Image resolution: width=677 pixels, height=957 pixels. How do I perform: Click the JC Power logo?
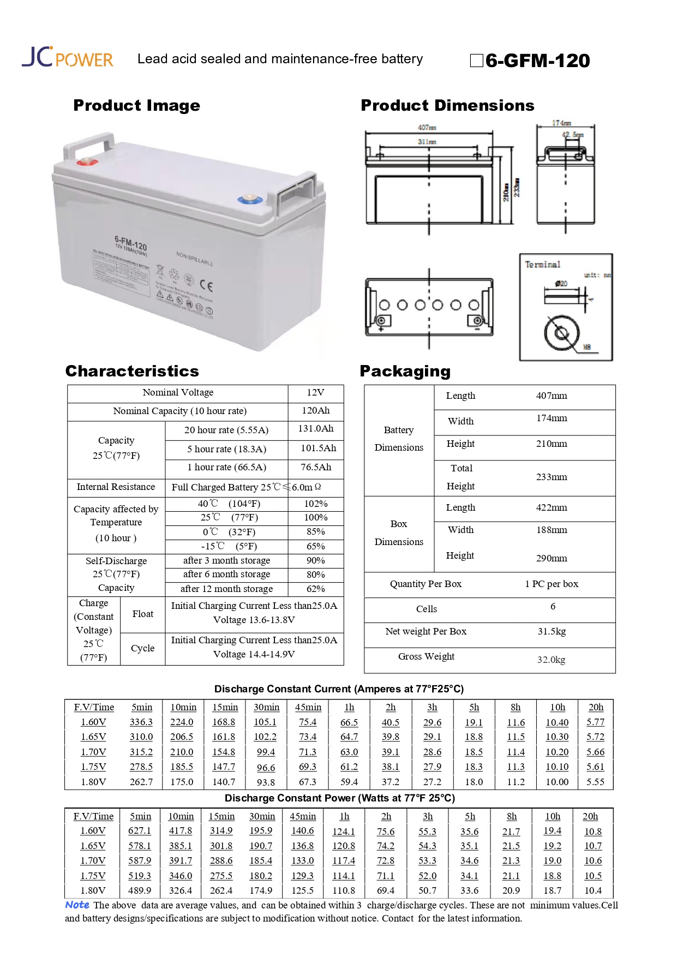(x=67, y=57)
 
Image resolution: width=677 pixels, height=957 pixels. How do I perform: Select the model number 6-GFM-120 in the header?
(x=537, y=61)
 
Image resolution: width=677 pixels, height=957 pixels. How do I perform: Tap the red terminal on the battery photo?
(x=86, y=162)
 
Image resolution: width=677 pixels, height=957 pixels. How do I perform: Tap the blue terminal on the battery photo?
(x=250, y=199)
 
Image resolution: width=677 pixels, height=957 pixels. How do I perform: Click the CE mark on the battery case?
(x=206, y=285)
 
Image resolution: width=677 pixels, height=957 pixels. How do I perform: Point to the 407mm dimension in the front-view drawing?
(x=427, y=128)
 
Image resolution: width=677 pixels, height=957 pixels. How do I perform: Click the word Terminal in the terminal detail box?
(x=542, y=265)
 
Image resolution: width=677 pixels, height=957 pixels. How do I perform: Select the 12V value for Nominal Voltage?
(x=315, y=393)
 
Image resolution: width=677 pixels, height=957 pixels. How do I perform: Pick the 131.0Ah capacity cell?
(x=315, y=429)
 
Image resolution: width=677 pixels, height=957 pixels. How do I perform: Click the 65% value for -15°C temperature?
(x=315, y=546)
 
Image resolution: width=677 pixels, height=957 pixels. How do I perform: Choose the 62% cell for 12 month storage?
(x=315, y=589)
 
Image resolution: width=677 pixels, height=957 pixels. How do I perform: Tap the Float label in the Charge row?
(x=142, y=614)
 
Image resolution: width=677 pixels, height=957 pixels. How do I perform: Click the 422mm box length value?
(x=551, y=507)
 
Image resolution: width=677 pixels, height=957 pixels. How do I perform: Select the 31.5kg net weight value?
(x=552, y=631)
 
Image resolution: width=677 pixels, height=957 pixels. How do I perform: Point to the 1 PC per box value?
(x=551, y=584)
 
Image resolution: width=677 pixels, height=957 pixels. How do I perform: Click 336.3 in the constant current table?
(x=141, y=722)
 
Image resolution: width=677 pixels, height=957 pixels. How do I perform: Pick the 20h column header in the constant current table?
(x=596, y=707)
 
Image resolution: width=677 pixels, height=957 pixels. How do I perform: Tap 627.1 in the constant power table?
(x=140, y=831)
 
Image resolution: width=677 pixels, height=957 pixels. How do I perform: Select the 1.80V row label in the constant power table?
(x=93, y=890)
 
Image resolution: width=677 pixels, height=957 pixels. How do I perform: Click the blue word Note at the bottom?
(x=77, y=905)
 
